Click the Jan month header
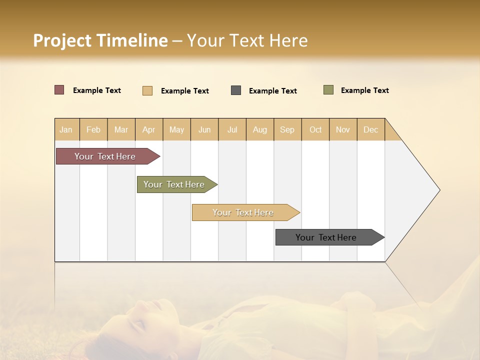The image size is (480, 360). click(66, 129)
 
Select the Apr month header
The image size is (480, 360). click(149, 129)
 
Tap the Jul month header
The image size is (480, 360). click(232, 129)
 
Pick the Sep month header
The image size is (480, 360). click(287, 129)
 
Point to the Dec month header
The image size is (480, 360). click(370, 129)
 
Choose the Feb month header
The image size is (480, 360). click(93, 129)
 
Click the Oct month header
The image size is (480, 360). click(315, 129)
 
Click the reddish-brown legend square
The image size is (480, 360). click(59, 90)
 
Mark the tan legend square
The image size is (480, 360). click(147, 90)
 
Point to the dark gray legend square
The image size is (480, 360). click(236, 90)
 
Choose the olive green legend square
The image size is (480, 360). click(328, 90)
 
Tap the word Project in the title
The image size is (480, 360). click(62, 40)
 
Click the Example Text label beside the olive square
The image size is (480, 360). click(364, 90)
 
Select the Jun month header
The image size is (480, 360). click(204, 129)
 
